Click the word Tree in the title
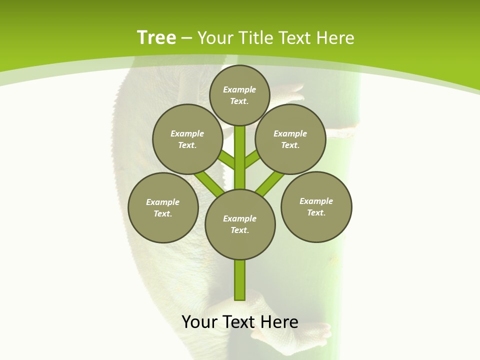tap(156, 37)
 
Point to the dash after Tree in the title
tap(186, 38)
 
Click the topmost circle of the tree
tap(239, 95)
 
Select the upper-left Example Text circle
tap(187, 139)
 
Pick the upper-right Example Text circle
tap(290, 139)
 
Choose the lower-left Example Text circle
tap(163, 207)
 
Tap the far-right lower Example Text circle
tap(316, 206)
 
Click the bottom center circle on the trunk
tap(240, 224)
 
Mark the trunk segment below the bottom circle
tap(240, 280)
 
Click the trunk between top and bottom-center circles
tap(240, 157)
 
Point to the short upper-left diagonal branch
tap(227, 160)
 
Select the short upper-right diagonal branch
tap(252, 159)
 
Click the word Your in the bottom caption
tap(199, 322)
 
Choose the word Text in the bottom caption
tap(239, 322)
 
